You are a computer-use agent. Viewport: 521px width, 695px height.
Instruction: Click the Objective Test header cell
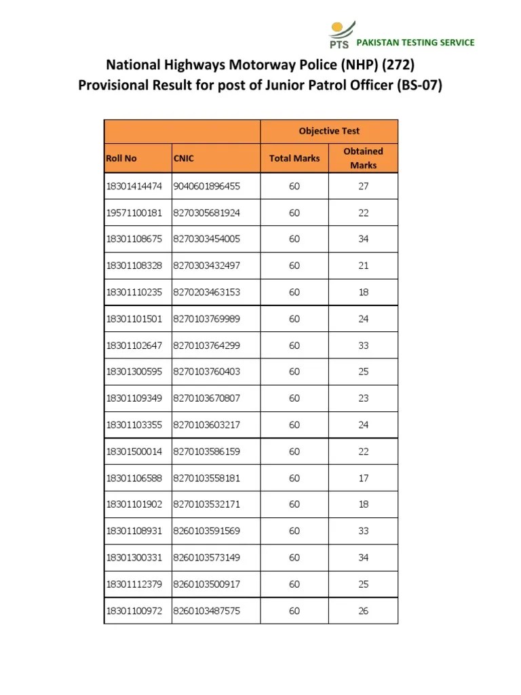pos(329,131)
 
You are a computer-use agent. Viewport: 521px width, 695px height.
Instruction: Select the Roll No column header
pos(121,158)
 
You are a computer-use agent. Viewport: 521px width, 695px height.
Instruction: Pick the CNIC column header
pos(183,158)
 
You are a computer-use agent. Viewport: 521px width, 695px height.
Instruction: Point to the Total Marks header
pos(294,158)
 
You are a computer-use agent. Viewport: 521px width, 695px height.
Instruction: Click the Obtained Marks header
pos(364,158)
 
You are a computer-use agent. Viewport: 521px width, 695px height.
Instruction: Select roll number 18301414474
pos(134,186)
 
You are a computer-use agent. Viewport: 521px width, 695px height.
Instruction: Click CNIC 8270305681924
pos(207,212)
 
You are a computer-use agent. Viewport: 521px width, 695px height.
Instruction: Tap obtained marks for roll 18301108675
pos(364,239)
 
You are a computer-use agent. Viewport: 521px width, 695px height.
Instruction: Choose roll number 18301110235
pos(134,292)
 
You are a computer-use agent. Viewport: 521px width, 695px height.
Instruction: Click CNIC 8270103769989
pos(207,318)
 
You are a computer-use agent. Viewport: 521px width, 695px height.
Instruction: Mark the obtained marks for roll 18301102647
pos(364,345)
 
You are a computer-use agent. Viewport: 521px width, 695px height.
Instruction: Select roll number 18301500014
pos(134,451)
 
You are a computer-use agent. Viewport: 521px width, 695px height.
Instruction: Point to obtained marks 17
pos(364,478)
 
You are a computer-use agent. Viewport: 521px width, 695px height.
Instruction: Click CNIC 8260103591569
pos(207,531)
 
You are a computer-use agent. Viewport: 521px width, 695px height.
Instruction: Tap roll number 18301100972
pos(134,611)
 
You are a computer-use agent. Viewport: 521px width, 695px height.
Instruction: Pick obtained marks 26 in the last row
pos(364,611)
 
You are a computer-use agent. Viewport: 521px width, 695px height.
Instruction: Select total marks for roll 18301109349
pos(294,398)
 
